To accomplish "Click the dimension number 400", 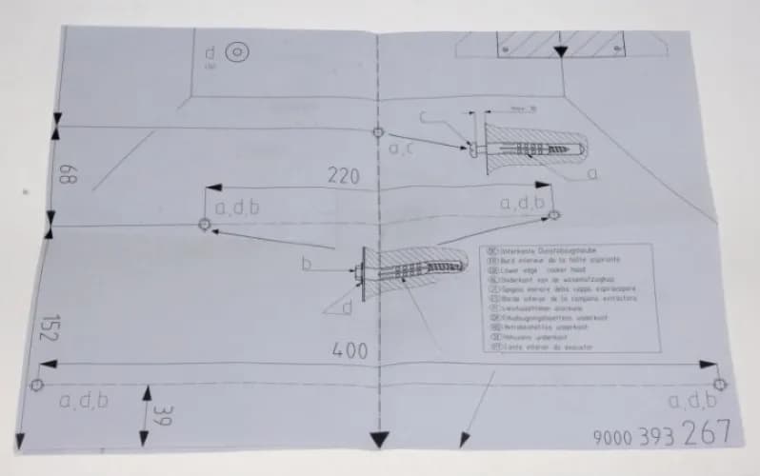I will (350, 349).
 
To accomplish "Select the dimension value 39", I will (165, 416).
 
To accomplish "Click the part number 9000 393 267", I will (661, 434).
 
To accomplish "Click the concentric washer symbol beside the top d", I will (236, 53).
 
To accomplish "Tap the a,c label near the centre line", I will (400, 149).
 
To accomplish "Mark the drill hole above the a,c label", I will (378, 131).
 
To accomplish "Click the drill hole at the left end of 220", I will (203, 225).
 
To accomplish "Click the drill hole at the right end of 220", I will (555, 216).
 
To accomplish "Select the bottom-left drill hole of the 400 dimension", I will (36, 385).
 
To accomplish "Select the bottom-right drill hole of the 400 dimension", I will (719, 384).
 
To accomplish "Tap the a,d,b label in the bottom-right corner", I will (692, 401).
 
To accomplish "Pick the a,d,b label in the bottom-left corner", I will (84, 401).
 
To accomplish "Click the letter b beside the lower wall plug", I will (307, 264).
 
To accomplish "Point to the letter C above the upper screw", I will (426, 117).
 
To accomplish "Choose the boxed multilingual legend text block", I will (568, 298).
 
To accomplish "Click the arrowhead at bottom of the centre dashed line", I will (379, 439).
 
